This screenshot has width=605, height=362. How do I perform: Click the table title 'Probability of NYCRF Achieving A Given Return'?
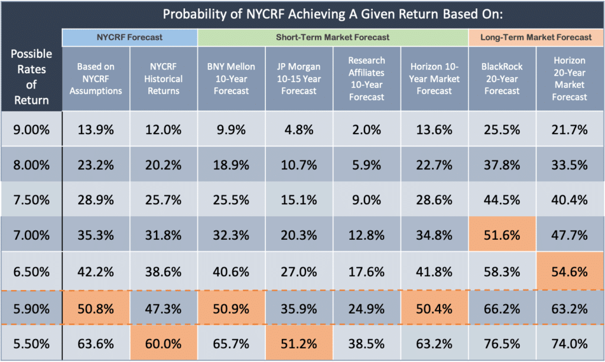[x=332, y=14]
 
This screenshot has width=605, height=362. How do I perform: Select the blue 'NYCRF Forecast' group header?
[x=129, y=37]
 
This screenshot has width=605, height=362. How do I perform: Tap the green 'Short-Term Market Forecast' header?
[x=333, y=37]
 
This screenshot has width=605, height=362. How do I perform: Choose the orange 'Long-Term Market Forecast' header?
[x=536, y=37]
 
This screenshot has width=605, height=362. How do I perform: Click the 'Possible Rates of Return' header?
[x=31, y=77]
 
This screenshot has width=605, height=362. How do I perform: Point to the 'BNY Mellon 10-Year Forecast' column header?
[x=231, y=79]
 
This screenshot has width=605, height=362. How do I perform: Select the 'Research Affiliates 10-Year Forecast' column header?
[x=366, y=79]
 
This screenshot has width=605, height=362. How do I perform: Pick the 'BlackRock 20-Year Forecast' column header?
[x=502, y=79]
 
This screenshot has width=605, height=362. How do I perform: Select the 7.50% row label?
[x=31, y=201]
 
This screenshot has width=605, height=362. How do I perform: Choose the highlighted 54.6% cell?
[x=570, y=271]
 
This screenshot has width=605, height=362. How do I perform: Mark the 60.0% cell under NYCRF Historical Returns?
[x=163, y=341]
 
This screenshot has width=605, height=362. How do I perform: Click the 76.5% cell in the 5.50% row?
[x=502, y=341]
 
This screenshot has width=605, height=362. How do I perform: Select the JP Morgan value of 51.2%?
[x=299, y=341]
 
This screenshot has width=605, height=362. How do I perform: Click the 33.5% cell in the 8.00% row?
[x=570, y=165]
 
